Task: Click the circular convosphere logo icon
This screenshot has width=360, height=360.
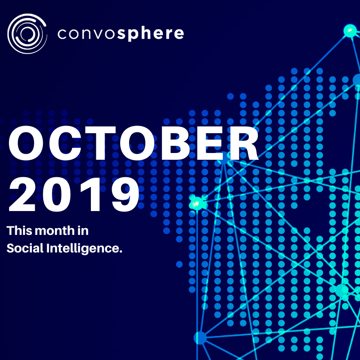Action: point(27,34)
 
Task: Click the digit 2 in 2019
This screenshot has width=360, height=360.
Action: point(22,194)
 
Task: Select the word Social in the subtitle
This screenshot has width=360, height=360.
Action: point(25,248)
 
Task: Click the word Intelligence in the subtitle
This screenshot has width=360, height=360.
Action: point(84,249)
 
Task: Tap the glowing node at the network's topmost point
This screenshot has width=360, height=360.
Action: point(351,30)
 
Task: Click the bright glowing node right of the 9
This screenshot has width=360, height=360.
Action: point(197,203)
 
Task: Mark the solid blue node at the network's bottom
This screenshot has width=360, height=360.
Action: point(200,338)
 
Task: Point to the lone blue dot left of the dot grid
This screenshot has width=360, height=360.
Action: point(179,264)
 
